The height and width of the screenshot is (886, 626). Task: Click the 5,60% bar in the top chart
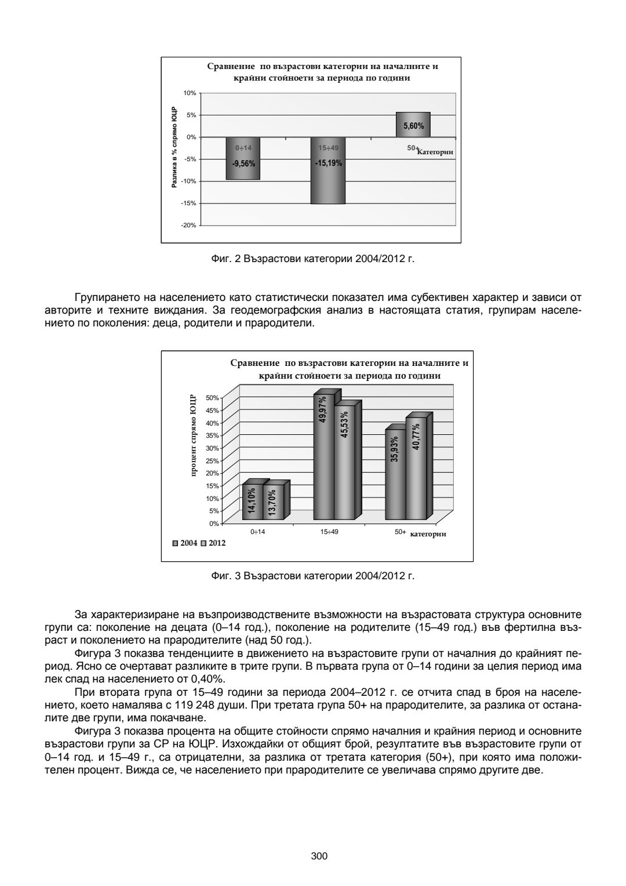tap(413, 125)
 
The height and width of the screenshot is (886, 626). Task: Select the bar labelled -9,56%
tap(243, 158)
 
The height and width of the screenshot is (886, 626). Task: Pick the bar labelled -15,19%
tap(328, 170)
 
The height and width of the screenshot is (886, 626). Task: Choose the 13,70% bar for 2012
tap(272, 502)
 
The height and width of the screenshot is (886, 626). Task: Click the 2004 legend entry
tap(185, 543)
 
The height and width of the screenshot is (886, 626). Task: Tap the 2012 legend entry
tap(213, 543)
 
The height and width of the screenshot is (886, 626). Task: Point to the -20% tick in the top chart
tap(190, 225)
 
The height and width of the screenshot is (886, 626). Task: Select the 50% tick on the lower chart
tap(212, 398)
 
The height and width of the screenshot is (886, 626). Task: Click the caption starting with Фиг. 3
tap(313, 576)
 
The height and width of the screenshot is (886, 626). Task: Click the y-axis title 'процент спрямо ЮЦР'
tap(194, 436)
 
